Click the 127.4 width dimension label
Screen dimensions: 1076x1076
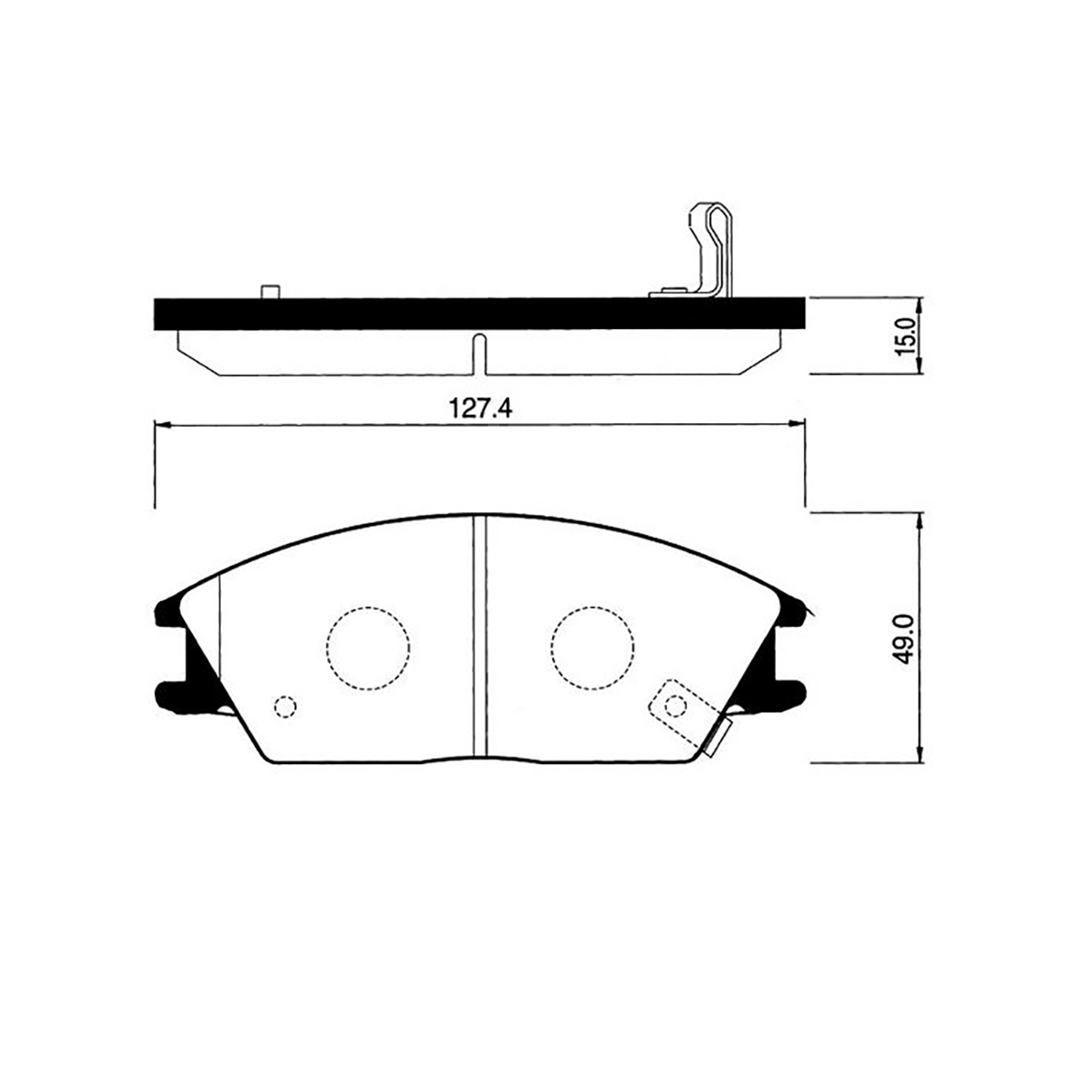(481, 409)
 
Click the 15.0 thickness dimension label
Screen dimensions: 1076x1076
(905, 336)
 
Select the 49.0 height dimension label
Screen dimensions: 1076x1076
(905, 638)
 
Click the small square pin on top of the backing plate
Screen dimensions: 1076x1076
(270, 291)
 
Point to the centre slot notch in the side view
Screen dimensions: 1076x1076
(480, 354)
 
